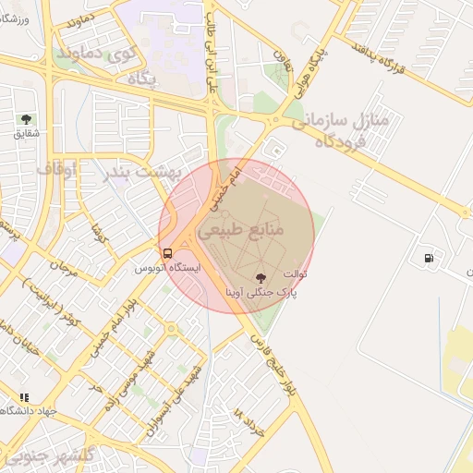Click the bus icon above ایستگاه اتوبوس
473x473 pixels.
(x=167, y=252)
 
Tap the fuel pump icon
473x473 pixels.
(x=428, y=258)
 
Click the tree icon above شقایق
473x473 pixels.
(x=25, y=119)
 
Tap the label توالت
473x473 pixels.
(x=295, y=274)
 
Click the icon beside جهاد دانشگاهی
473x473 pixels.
(x=24, y=397)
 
